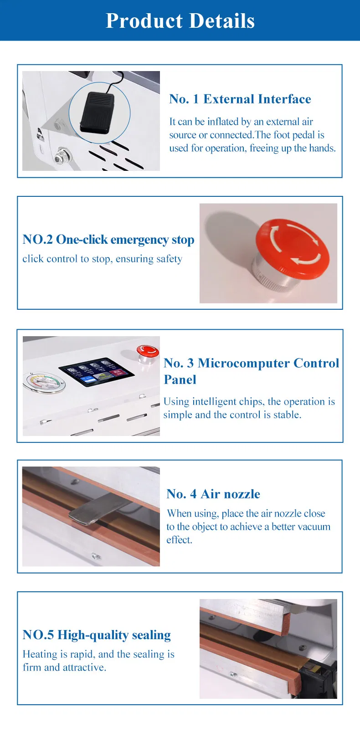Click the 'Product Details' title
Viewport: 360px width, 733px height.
[x=180, y=21]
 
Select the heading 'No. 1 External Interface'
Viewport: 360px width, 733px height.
[x=240, y=99]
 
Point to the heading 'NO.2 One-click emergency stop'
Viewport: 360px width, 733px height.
[x=108, y=240]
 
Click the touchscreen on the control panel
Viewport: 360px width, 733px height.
[x=97, y=372]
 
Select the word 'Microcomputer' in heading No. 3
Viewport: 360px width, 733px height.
[x=243, y=363]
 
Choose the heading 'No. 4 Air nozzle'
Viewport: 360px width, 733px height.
[x=213, y=494]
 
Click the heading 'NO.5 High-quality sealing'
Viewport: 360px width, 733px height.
[x=97, y=635]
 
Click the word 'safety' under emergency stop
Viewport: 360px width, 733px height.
[x=169, y=259]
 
